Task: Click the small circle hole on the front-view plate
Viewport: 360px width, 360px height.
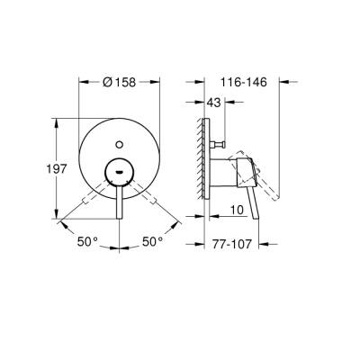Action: pos(120,141)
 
